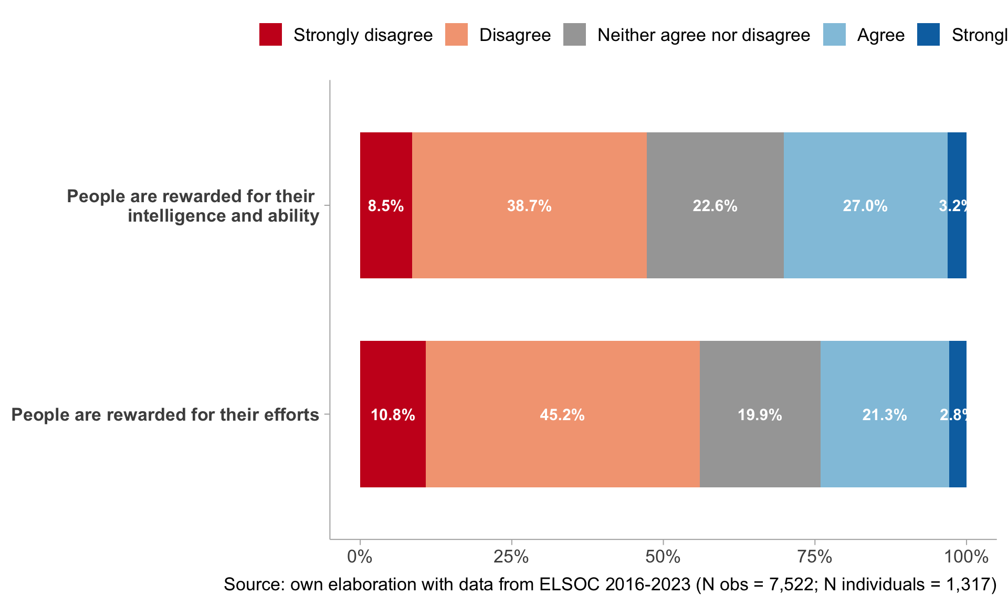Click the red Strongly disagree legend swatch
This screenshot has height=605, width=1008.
coord(270,35)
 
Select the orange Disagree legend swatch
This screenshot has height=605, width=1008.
coord(456,35)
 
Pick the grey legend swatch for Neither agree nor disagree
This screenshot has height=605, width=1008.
coord(574,35)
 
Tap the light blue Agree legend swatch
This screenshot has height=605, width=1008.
coord(834,35)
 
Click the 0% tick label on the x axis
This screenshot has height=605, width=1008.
coord(360,557)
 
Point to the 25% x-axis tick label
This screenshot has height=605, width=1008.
coord(511,557)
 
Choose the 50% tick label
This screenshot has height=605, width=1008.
coord(663,557)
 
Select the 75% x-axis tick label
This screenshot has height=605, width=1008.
coord(814,557)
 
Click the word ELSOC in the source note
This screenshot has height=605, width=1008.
coord(570,585)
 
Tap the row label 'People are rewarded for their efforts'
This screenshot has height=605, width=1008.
coord(165,415)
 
